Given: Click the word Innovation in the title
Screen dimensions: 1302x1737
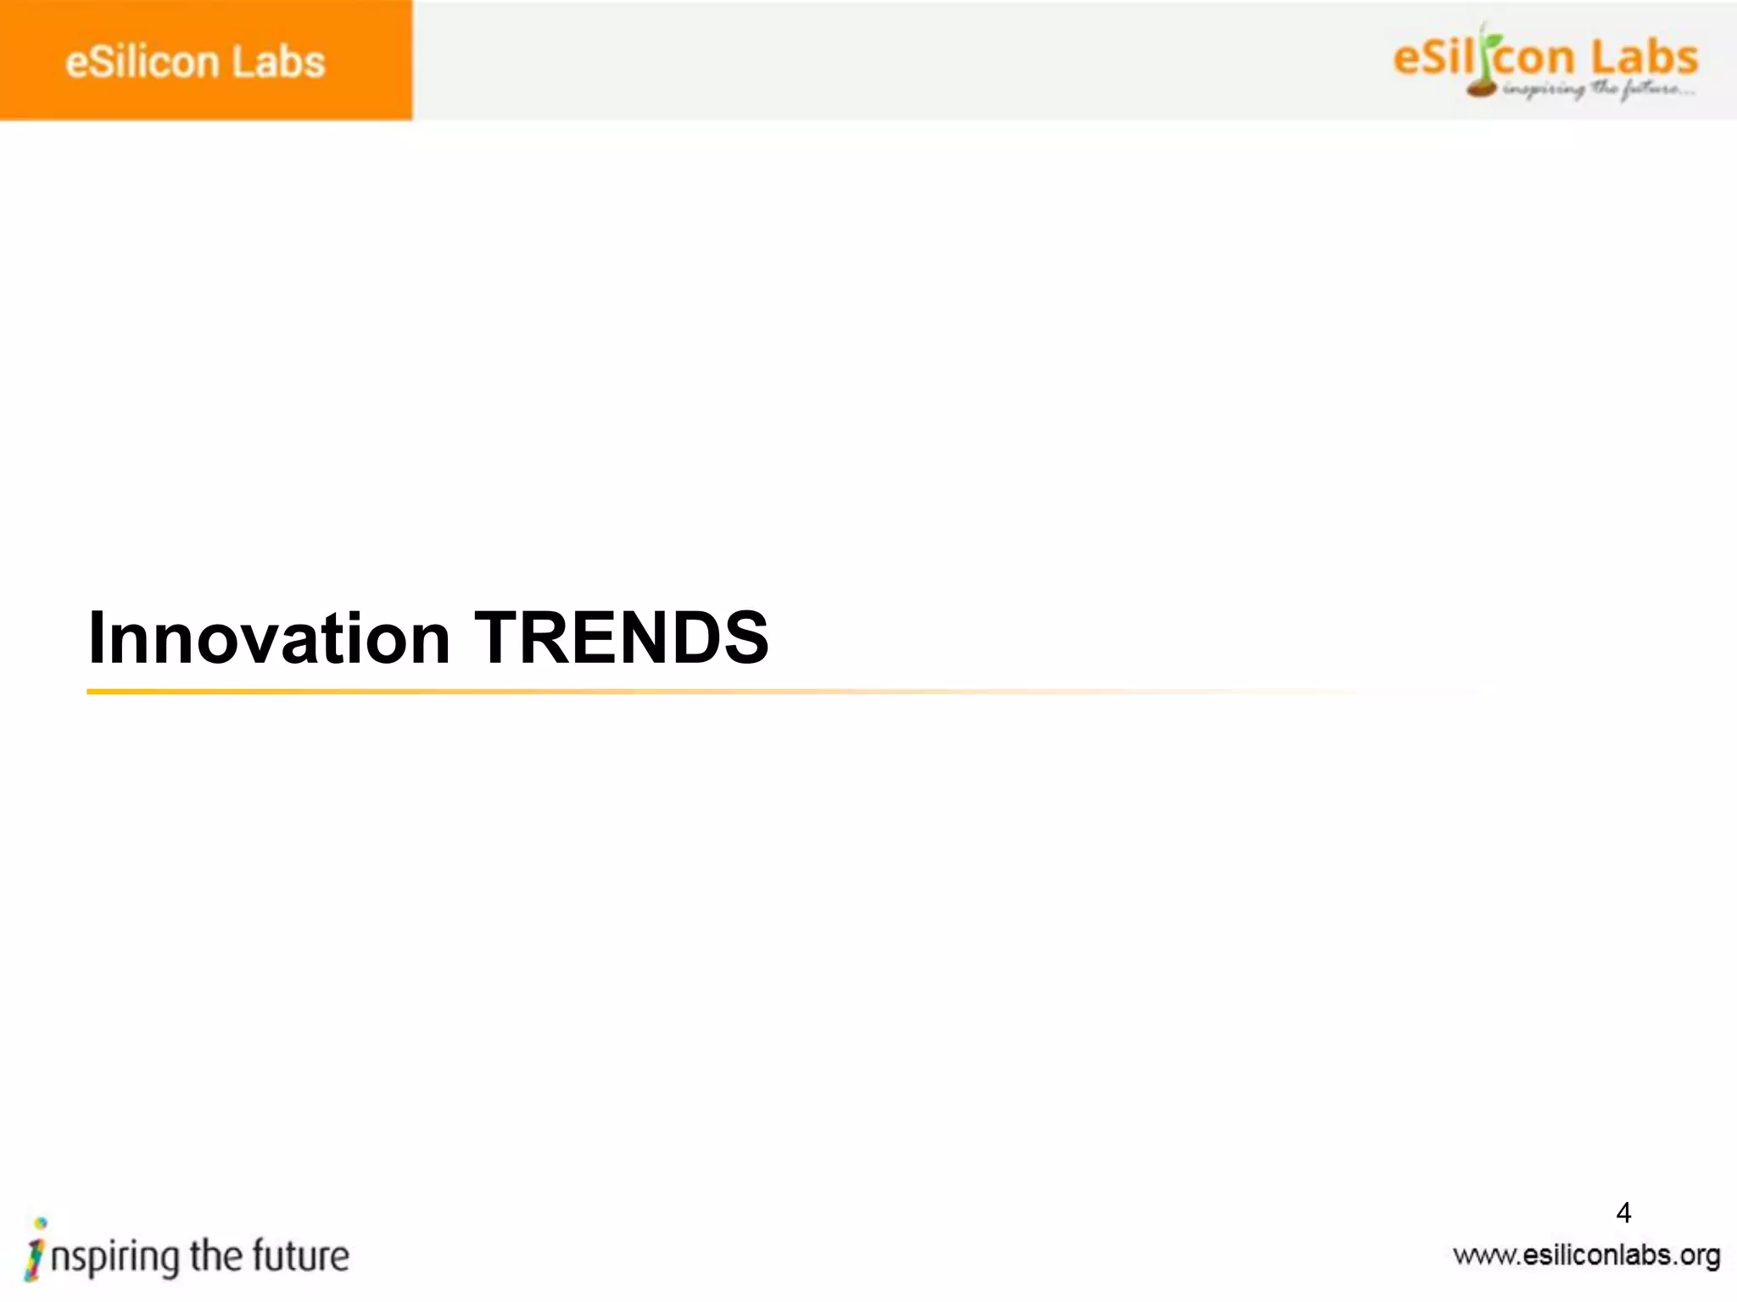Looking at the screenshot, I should (x=270, y=637).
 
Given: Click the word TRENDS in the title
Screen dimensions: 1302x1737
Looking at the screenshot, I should (x=621, y=637).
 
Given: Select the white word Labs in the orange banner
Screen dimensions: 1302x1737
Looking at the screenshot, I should (x=279, y=62).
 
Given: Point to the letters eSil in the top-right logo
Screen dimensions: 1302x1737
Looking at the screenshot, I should (x=1433, y=58).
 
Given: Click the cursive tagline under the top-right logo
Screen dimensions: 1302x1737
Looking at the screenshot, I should (x=1598, y=89).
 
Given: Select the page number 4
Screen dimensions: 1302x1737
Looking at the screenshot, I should (x=1623, y=1213).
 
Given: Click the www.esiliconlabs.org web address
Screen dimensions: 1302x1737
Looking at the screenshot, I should (x=1586, y=1255).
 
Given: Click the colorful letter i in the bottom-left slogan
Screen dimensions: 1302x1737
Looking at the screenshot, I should (x=35, y=1258).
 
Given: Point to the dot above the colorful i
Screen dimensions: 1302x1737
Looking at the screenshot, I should (x=40, y=1223).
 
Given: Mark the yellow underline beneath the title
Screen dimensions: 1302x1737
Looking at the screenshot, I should (x=594, y=692).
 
